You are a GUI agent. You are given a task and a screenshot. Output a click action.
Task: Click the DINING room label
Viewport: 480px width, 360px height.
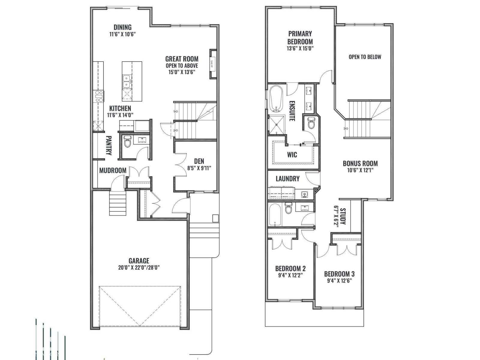click(x=122, y=27)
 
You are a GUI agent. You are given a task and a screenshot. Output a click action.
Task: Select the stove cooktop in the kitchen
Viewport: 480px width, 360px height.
click(x=99, y=96)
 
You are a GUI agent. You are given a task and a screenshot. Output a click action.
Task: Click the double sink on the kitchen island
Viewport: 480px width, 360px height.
click(x=127, y=81)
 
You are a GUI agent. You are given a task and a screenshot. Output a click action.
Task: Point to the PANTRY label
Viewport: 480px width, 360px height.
click(x=109, y=145)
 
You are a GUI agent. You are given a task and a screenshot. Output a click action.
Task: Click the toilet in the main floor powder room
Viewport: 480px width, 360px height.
click(x=127, y=141)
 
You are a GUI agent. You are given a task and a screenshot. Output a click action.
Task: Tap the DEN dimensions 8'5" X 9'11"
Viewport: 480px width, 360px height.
click(x=199, y=168)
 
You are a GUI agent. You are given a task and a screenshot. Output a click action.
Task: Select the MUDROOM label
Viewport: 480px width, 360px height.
click(x=113, y=170)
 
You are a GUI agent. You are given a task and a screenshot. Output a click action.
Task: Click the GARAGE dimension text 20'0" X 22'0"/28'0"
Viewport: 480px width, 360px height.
click(x=139, y=268)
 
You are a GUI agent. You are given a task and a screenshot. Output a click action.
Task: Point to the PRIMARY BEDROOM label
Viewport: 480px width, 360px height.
click(x=300, y=37)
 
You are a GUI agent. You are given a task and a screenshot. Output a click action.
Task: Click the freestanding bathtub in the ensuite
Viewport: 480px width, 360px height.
click(x=276, y=99)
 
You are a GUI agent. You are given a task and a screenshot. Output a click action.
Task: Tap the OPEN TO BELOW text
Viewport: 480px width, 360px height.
click(x=365, y=57)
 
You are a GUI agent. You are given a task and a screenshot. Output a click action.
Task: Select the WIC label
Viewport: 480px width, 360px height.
click(x=292, y=155)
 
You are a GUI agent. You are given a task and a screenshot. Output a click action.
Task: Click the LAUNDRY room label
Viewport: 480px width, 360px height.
click(x=288, y=178)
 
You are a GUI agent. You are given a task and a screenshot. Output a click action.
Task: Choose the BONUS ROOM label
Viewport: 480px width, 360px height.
click(x=360, y=163)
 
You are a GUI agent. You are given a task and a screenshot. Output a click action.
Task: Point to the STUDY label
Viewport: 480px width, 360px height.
click(x=343, y=216)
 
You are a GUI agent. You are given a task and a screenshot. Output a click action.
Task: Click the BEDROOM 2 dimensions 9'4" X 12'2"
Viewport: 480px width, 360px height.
click(x=290, y=275)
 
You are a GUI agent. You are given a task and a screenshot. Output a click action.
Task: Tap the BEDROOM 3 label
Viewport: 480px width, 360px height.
click(x=339, y=274)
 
